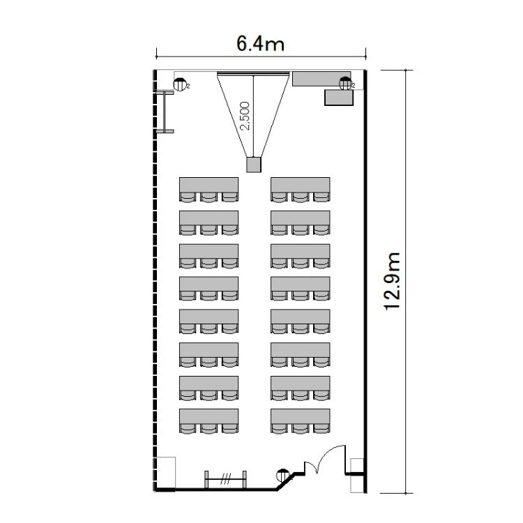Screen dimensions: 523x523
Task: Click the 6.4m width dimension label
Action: click(x=260, y=44)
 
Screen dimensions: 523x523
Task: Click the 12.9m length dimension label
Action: click(x=392, y=282)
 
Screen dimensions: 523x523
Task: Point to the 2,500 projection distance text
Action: click(x=245, y=116)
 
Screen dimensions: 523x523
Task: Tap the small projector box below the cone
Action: click(x=254, y=165)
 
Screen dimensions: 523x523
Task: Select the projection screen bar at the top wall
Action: click(x=253, y=74)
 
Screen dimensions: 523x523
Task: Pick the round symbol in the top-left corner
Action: click(x=180, y=84)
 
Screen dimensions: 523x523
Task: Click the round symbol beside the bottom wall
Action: click(x=283, y=475)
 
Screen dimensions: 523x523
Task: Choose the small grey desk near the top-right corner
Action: click(x=339, y=98)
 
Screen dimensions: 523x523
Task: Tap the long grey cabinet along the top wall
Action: click(x=321, y=79)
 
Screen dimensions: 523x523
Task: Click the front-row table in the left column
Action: click(x=209, y=185)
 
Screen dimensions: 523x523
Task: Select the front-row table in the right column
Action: click(x=301, y=185)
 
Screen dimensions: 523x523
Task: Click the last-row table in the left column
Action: click(x=209, y=416)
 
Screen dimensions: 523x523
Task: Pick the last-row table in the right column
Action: click(x=301, y=416)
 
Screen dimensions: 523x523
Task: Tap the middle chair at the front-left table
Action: click(x=209, y=197)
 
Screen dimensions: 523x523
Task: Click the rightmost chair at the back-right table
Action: click(x=321, y=429)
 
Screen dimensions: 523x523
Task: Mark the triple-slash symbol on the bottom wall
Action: click(x=226, y=480)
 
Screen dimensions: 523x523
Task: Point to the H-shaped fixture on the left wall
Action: click(x=165, y=112)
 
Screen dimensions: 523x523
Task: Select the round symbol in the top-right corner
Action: click(x=345, y=84)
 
